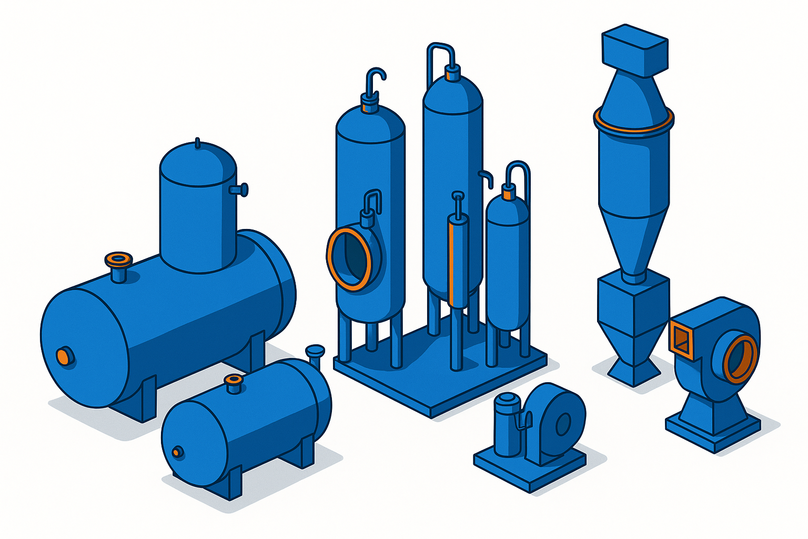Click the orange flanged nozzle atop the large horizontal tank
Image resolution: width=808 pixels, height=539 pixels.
118,259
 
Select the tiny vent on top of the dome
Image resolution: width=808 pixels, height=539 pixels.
197,143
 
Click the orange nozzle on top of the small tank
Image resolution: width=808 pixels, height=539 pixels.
233,381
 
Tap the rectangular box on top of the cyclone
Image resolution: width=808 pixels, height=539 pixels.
634,49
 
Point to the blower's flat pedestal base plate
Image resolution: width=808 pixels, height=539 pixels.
713,426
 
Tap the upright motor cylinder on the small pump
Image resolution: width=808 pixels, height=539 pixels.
508,424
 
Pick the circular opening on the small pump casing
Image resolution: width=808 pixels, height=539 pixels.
563,423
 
